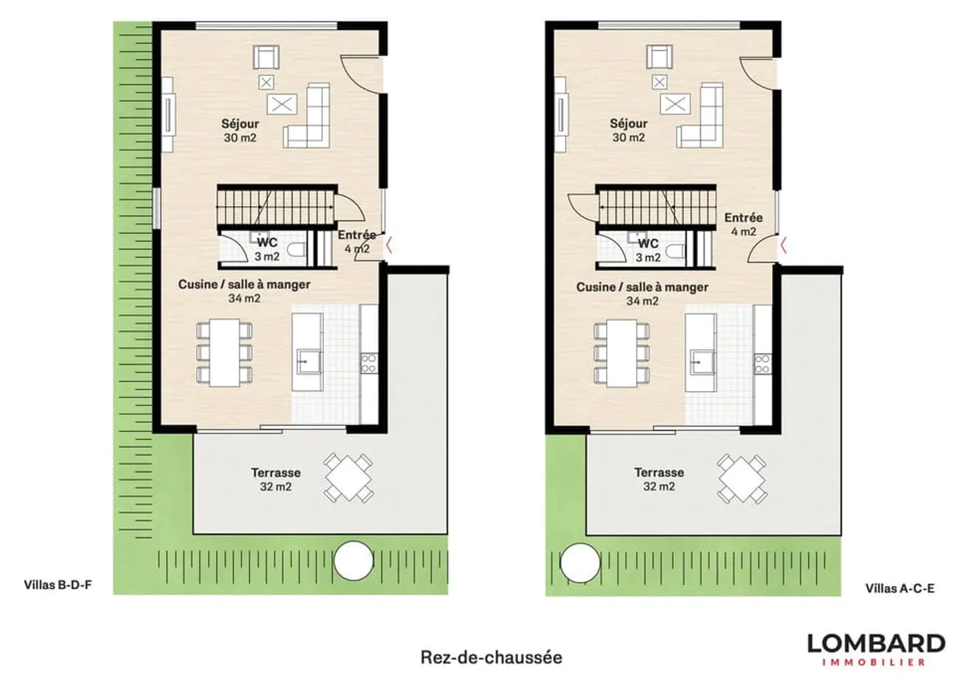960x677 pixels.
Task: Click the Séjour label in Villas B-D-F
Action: (240, 124)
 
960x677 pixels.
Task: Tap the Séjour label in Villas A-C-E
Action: (628, 124)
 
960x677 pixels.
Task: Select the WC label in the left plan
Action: (267, 243)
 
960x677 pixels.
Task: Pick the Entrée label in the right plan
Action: (743, 218)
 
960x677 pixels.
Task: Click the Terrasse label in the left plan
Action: (275, 472)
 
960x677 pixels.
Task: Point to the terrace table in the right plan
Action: (741, 478)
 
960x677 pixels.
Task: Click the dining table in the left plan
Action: (225, 352)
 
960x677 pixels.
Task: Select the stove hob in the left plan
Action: (369, 363)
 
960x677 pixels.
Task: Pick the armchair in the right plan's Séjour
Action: (659, 57)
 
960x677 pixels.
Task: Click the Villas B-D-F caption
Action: (58, 585)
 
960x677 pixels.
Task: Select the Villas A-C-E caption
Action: (899, 588)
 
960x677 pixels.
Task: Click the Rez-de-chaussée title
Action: (491, 658)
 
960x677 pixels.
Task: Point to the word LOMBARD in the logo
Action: (876, 644)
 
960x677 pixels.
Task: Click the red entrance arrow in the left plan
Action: (389, 245)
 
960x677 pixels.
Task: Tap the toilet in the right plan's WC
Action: (676, 252)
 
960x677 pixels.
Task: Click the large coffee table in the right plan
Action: (675, 104)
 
